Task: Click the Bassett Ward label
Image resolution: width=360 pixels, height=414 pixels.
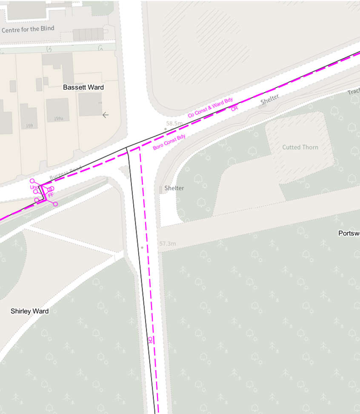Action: [83, 87]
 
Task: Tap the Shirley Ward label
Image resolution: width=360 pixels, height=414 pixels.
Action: [29, 311]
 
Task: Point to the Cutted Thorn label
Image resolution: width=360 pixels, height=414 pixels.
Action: [300, 147]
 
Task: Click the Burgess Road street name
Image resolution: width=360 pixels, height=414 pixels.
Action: [65, 172]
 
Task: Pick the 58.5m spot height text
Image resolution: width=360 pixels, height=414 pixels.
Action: [174, 123]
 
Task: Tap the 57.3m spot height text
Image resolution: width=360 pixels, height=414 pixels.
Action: [167, 244]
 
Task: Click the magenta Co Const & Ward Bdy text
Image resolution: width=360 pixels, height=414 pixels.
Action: [210, 108]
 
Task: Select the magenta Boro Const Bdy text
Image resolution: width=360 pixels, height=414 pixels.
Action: [169, 142]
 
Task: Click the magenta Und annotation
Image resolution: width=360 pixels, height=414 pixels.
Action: [34, 187]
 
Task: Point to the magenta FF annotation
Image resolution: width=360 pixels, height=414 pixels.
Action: [51, 195]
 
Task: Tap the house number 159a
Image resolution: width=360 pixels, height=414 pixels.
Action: [59, 118]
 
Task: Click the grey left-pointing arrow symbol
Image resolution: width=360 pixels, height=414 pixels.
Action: [106, 115]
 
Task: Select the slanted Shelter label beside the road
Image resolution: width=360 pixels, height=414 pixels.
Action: [270, 99]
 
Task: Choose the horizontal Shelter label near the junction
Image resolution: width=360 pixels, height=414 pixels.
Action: [174, 188]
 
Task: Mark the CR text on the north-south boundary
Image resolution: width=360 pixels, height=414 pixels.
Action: [150, 340]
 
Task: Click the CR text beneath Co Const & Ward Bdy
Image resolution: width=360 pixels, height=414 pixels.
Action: [234, 109]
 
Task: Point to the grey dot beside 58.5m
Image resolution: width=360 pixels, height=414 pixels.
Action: [166, 128]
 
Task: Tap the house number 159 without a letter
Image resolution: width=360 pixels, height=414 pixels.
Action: [29, 126]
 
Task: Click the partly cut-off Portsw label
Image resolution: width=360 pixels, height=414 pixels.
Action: [349, 233]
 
